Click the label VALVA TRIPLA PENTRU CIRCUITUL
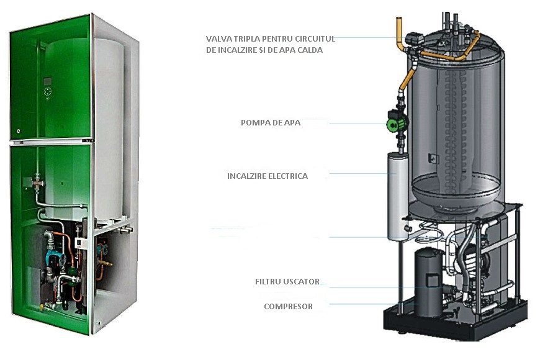tap(271, 39)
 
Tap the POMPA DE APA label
tap(271, 123)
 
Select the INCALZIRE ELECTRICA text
tap(268, 176)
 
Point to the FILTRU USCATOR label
tap(287, 282)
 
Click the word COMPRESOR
tap(288, 306)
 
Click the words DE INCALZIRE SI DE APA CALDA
tap(264, 50)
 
